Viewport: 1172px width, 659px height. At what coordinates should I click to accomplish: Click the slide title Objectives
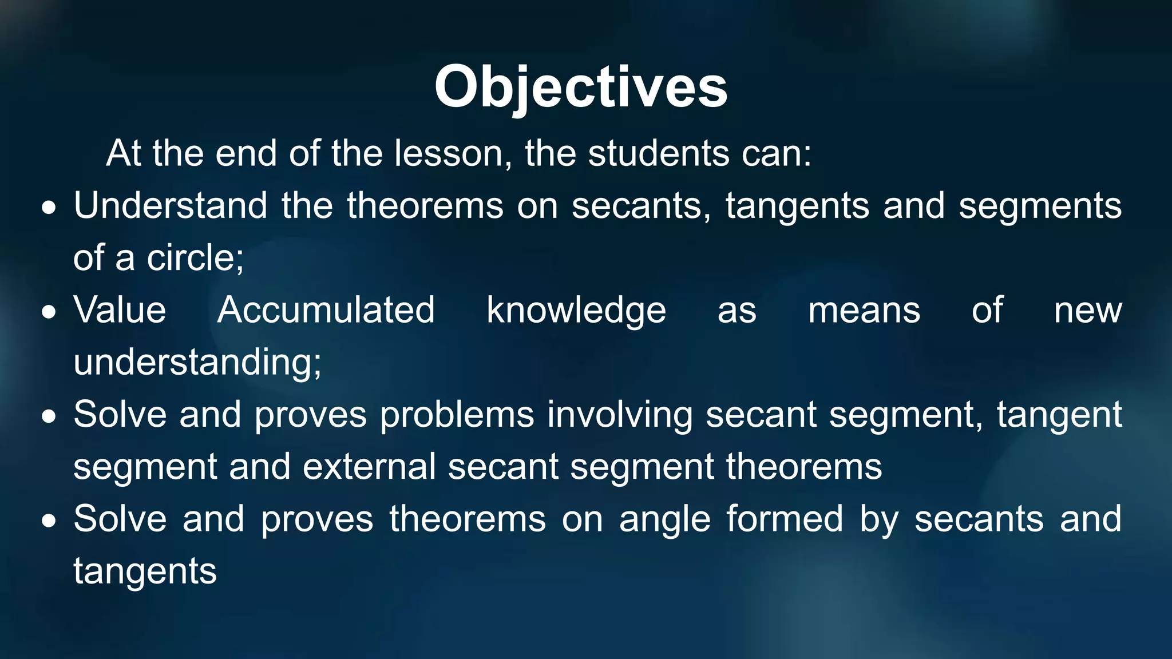580,87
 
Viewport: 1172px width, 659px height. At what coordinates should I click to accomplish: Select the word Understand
171,205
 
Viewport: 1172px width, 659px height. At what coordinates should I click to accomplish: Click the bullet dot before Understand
49,208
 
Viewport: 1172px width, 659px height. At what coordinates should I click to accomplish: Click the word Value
120,310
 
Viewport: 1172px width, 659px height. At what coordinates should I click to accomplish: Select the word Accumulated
326,310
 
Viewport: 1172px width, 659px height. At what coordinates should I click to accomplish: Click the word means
864,311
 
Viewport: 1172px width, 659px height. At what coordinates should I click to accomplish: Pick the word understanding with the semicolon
197,363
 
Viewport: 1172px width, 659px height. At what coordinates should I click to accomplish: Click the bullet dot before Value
49,313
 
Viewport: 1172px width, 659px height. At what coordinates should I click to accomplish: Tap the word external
370,467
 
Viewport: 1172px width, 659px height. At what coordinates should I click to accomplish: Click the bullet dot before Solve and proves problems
49,417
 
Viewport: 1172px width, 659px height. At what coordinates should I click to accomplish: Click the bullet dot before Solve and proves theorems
49,522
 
